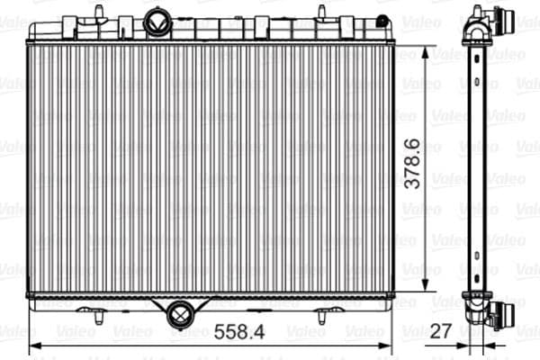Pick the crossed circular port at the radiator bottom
coord(179,314)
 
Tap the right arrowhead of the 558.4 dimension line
coord(387,345)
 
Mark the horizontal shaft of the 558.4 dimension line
coord(135,345)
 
